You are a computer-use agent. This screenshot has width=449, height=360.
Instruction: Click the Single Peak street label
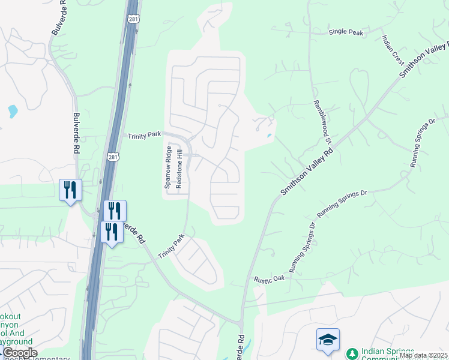click(x=346, y=32)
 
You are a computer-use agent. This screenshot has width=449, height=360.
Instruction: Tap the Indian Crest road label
click(x=393, y=49)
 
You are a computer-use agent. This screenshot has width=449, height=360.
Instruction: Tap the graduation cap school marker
click(x=328, y=339)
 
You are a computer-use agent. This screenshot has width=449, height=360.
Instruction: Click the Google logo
click(x=19, y=353)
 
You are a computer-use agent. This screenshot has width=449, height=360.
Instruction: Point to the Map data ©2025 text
click(x=424, y=355)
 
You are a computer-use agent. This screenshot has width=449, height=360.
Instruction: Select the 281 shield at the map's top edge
click(x=133, y=19)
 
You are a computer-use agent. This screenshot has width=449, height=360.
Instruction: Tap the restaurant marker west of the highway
click(x=70, y=190)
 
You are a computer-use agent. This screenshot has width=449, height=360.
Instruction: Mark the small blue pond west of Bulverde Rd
click(x=13, y=111)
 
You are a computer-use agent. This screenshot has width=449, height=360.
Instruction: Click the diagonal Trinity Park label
click(x=171, y=246)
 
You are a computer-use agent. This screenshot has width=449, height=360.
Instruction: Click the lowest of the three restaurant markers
click(x=112, y=232)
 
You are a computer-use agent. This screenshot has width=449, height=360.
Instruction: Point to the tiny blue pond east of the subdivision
click(x=269, y=136)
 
